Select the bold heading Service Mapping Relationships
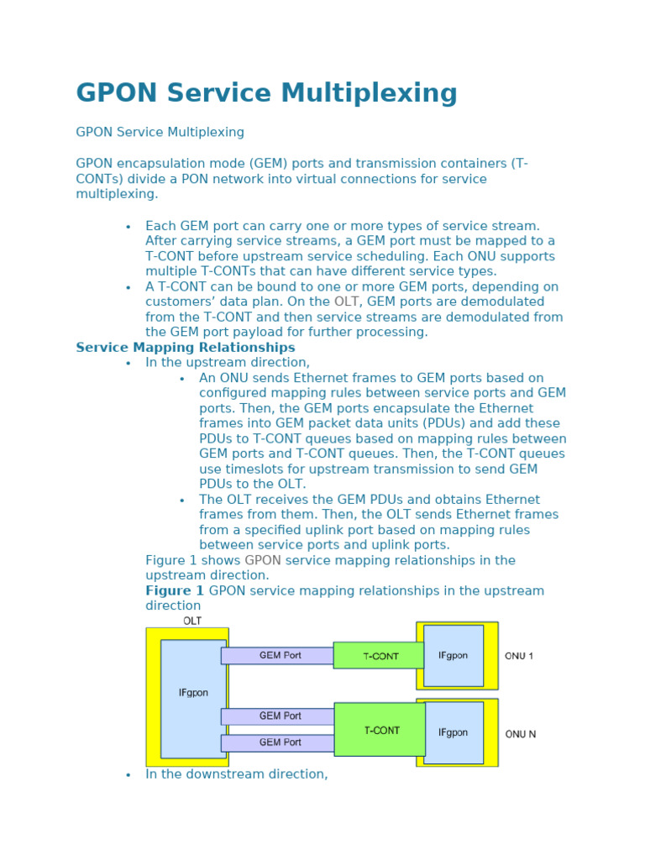click(x=186, y=348)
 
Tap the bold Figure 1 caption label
click(x=175, y=591)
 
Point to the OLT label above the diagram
click(x=192, y=621)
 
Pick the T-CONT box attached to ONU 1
click(x=380, y=656)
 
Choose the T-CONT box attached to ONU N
click(x=380, y=730)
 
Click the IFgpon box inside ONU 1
click(x=453, y=656)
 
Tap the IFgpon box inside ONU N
click(x=453, y=732)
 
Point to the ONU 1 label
click(x=519, y=656)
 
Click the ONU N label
click(x=520, y=734)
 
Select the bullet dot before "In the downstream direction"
click(x=128, y=775)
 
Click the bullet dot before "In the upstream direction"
click(x=128, y=364)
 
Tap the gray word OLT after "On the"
click(x=346, y=302)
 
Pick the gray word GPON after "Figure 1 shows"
click(x=263, y=560)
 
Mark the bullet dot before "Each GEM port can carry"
click(x=128, y=227)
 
